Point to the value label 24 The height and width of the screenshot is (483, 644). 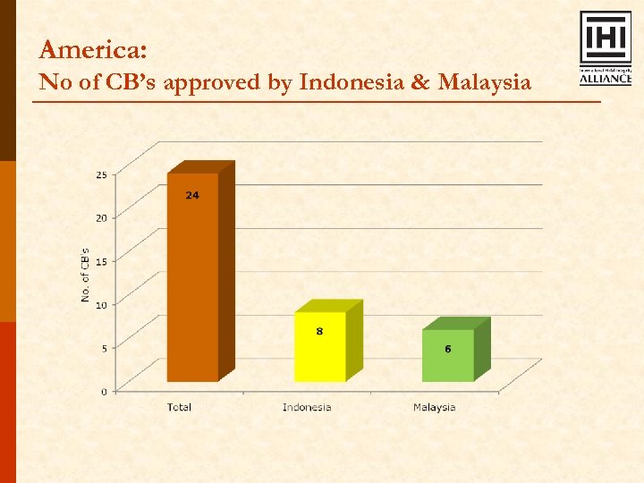[x=192, y=195]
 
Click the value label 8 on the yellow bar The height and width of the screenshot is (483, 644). [x=319, y=331]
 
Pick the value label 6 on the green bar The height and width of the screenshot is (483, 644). [x=448, y=348]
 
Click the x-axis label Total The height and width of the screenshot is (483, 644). [x=179, y=408]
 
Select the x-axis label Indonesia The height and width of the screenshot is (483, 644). [x=307, y=408]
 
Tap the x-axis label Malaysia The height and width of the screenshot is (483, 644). [x=434, y=408]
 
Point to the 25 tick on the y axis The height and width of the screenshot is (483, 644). [x=101, y=174]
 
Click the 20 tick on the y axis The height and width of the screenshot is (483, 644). [x=101, y=217]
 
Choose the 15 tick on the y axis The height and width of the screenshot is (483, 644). [x=101, y=261]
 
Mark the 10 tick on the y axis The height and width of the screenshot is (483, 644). [x=101, y=305]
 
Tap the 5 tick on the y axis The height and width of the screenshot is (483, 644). [x=103, y=348]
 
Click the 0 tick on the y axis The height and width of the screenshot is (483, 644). [x=104, y=391]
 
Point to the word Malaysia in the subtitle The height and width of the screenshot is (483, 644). [x=484, y=82]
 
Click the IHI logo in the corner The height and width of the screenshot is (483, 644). [x=606, y=48]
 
